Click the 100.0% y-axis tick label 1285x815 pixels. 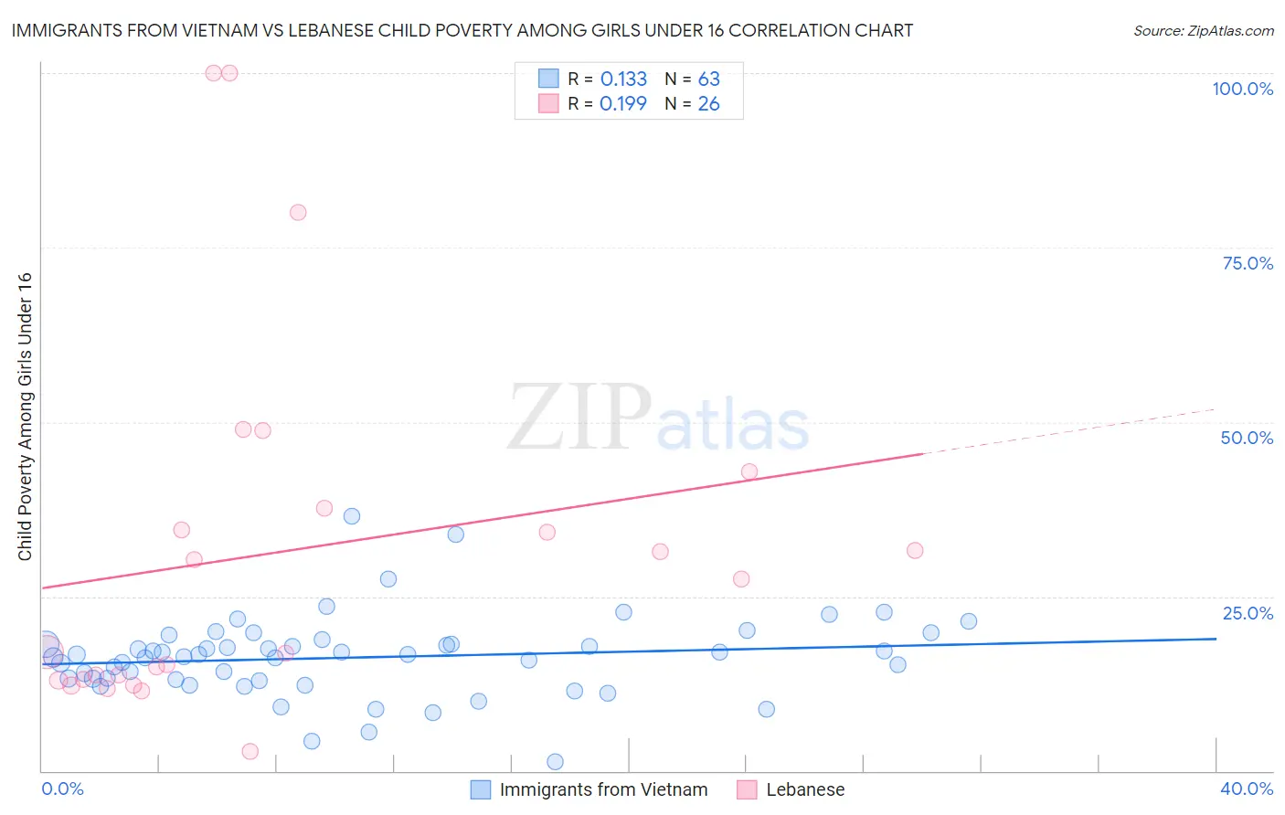point(1242,89)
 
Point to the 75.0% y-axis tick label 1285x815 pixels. point(1248,263)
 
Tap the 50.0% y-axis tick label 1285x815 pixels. point(1247,438)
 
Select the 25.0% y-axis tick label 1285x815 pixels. point(1248,612)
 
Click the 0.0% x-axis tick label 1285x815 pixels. point(62,789)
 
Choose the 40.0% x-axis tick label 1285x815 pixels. point(1247,789)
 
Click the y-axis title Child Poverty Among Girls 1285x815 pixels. point(25,417)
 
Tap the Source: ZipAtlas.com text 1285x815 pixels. point(1203,31)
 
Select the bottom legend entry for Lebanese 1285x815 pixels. point(804,789)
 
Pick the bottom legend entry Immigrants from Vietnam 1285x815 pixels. point(603,789)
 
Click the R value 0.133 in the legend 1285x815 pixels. point(623,79)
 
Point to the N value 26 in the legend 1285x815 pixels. point(708,104)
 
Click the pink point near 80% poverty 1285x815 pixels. point(298,212)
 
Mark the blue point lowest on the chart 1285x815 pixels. point(555,762)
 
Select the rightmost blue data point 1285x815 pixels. point(969,621)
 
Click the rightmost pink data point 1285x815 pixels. point(915,550)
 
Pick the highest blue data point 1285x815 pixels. point(352,516)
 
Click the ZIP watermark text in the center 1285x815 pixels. point(579,418)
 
